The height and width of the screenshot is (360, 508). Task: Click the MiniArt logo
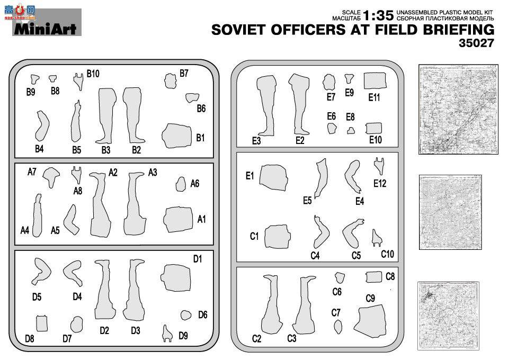[x=45, y=29]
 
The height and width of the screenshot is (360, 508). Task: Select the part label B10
[x=93, y=74]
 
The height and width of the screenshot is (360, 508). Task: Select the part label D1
[x=198, y=259]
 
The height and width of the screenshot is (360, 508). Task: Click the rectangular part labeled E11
[x=375, y=81]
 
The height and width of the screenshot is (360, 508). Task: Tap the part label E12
[x=380, y=184]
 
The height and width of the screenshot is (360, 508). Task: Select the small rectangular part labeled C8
[x=374, y=277]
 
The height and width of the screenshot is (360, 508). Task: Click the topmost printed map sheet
[x=458, y=109]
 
